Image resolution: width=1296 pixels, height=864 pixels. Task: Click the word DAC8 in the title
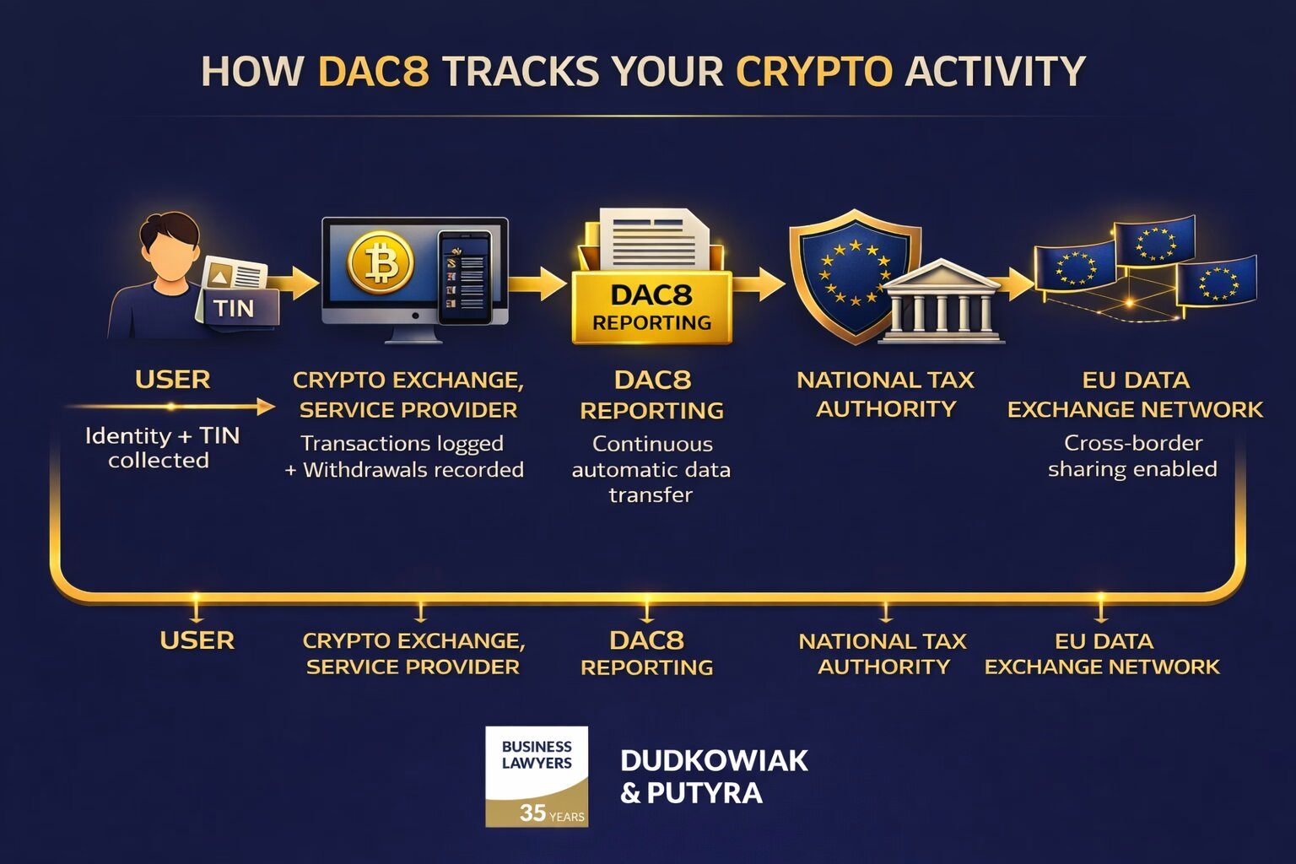coord(373,72)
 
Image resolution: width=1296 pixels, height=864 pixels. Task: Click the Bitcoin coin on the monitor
coord(381,263)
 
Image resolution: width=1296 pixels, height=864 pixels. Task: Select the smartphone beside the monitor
coord(464,278)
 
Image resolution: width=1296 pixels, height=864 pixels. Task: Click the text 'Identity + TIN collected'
coord(161,448)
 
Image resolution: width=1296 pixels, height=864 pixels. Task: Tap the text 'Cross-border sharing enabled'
coord(1132,456)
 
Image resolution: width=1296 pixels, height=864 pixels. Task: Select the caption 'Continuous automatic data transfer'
coord(651,469)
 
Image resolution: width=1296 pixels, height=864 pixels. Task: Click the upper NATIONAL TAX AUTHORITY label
coord(885,394)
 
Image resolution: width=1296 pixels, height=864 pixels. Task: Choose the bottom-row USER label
coord(197,640)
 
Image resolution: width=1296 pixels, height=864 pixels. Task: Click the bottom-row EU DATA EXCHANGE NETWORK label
coord(1102,654)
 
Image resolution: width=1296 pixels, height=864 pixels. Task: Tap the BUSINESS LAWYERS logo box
coord(537,775)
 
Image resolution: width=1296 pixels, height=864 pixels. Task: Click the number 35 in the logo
coord(532,813)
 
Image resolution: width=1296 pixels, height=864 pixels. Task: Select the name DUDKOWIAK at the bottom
coord(714,760)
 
